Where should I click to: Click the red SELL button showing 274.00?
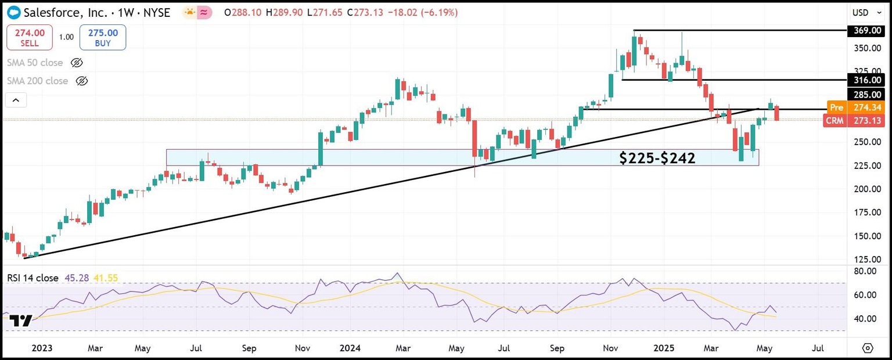tap(29, 37)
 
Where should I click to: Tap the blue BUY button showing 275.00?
tap(102, 37)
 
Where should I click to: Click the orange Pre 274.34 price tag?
tap(856, 107)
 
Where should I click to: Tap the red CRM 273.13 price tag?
tap(856, 121)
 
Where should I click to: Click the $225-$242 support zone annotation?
tap(657, 158)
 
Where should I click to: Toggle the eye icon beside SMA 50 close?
tap(77, 62)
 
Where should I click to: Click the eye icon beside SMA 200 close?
tap(82, 81)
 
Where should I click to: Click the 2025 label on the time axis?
tap(664, 348)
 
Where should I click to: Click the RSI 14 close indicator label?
tap(33, 278)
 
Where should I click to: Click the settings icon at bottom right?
tap(868, 348)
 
